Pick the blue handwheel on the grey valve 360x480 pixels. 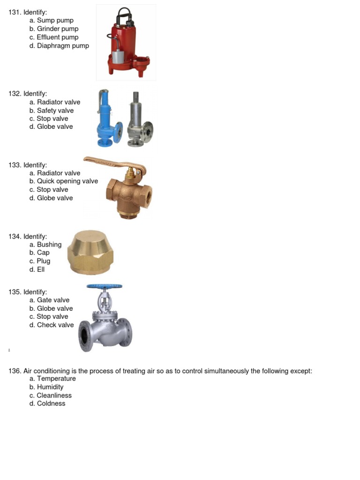pyautogui.click(x=104, y=286)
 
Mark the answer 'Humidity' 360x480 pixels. pyautogui.click(x=50, y=387)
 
